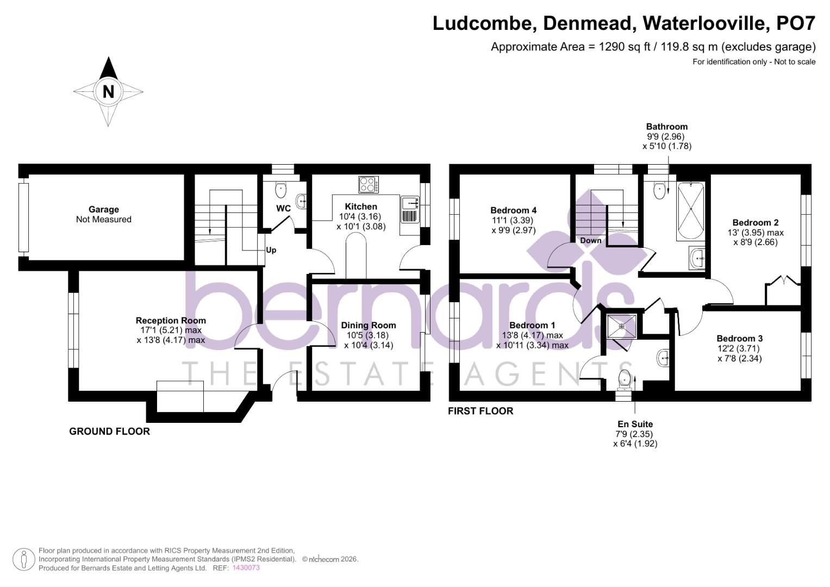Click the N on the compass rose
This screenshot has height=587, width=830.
pyautogui.click(x=108, y=91)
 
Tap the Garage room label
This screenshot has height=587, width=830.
pyautogui.click(x=103, y=209)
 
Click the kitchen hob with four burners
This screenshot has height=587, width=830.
pyautogui.click(x=369, y=185)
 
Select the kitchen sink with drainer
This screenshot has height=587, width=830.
pyautogui.click(x=409, y=210)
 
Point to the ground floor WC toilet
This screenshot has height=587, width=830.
pyautogui.click(x=280, y=190)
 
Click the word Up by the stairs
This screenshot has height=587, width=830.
pyautogui.click(x=271, y=250)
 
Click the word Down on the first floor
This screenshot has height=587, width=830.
pyautogui.click(x=590, y=240)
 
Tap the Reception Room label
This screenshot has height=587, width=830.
pyautogui.click(x=171, y=321)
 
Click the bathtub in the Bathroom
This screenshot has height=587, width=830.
pyautogui.click(x=690, y=212)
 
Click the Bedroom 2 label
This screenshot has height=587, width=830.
pyautogui.click(x=755, y=222)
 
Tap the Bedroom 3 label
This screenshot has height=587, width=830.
pyautogui.click(x=739, y=338)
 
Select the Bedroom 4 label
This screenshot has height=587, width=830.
pyautogui.click(x=513, y=210)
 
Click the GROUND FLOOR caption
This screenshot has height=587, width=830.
pyautogui.click(x=109, y=432)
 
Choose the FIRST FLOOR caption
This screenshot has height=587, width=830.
pyautogui.click(x=480, y=411)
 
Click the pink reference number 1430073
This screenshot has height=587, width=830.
pyautogui.click(x=246, y=568)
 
